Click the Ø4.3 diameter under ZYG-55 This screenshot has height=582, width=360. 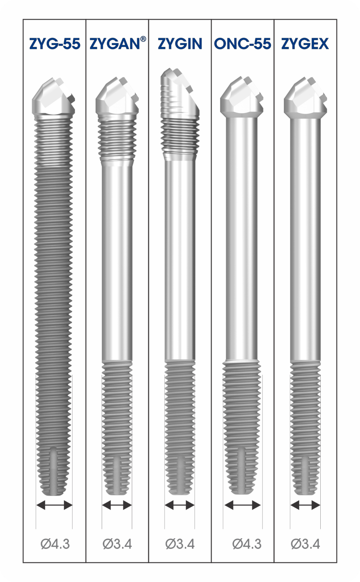click(55, 543)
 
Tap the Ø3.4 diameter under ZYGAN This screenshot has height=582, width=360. click(117, 543)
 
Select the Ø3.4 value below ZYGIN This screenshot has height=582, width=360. click(180, 543)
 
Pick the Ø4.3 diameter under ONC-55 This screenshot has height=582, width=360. click(247, 543)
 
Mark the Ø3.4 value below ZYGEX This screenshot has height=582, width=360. click(305, 543)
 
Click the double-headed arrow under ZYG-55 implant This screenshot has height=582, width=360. click(54, 505)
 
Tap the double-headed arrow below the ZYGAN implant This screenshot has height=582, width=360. click(117, 505)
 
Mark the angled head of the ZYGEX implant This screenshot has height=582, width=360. click(305, 97)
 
